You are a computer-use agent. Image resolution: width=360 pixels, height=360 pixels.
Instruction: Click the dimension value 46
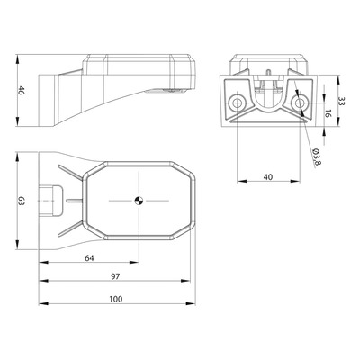click(21, 90)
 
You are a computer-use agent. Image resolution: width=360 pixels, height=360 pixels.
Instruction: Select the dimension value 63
click(21, 201)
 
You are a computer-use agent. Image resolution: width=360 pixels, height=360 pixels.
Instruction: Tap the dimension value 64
click(89, 257)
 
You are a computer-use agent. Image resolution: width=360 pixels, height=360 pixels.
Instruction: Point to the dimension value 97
click(115, 276)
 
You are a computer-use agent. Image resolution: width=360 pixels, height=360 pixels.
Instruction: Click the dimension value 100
click(116, 299)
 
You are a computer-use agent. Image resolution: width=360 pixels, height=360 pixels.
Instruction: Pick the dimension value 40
click(268, 177)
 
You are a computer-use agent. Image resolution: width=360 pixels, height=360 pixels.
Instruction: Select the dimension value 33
click(342, 101)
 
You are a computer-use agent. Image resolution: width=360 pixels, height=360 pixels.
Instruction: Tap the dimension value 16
click(328, 113)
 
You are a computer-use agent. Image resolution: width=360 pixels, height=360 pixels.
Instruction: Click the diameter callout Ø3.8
click(317, 157)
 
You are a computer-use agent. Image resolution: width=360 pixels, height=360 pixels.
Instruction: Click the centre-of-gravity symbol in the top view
click(139, 201)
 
